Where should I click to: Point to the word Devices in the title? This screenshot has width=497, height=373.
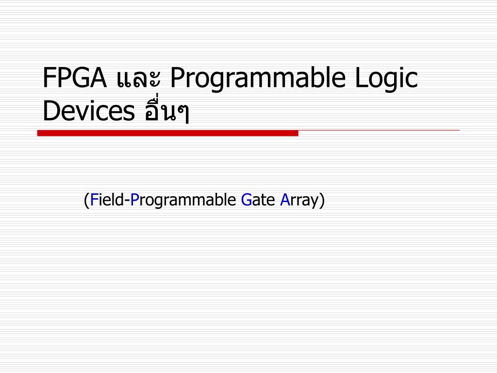pos(88,112)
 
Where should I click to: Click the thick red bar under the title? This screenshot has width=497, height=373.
pos(167,133)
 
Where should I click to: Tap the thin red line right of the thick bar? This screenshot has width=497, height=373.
pos(379,131)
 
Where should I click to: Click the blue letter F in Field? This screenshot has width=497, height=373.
pos(94,200)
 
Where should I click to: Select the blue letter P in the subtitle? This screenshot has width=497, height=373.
pos(134,200)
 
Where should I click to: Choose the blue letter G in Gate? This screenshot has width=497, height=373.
pos(246,200)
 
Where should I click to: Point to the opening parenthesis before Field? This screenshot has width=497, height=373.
pos(86,201)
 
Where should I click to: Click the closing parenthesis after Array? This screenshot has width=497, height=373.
pos(321,201)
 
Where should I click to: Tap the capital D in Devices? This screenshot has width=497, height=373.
pos(50,112)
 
